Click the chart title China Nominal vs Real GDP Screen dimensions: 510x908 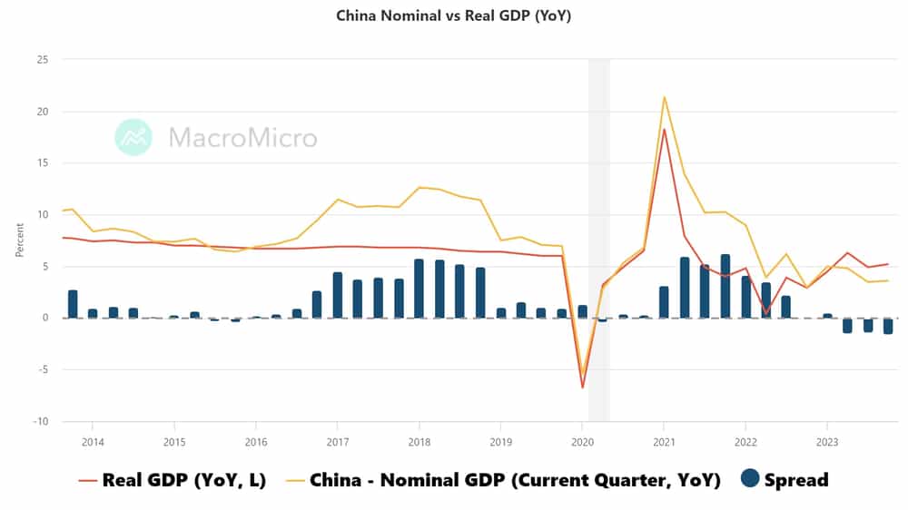pos(453,15)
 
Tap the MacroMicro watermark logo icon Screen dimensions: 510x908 pos(133,137)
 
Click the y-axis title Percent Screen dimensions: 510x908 pos(20,240)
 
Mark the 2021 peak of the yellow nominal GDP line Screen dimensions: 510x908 pos(665,97)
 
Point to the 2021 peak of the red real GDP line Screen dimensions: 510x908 pos(665,129)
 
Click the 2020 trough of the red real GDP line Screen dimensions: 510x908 pos(582,387)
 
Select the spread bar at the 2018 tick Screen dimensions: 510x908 pos(419,289)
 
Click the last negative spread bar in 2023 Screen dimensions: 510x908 pos(887,326)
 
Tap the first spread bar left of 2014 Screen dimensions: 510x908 pos(73,304)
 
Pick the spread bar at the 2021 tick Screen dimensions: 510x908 pos(664,302)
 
